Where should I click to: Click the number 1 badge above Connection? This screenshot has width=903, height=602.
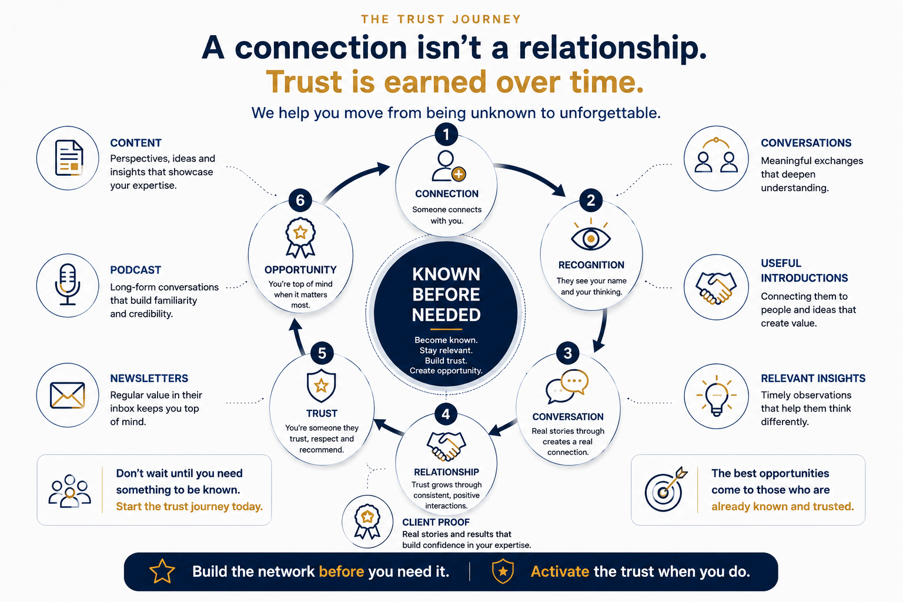(446, 134)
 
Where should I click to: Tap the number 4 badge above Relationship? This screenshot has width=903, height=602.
(446, 414)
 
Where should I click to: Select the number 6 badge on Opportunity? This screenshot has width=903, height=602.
(300, 200)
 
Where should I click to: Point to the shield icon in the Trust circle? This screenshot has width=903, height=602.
(322, 386)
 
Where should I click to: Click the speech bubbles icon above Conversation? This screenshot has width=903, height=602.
(567, 386)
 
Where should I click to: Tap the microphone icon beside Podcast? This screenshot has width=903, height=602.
(68, 285)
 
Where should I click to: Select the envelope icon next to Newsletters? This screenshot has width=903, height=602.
(68, 395)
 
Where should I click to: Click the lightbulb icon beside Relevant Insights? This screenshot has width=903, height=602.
(717, 396)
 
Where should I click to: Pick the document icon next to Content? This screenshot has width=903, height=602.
(69, 158)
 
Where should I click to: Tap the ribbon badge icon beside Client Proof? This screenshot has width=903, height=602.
(367, 522)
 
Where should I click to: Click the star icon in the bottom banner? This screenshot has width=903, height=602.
(162, 571)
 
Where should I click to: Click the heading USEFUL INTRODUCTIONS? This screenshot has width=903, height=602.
(804, 270)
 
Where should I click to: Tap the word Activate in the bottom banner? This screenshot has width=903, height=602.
(560, 572)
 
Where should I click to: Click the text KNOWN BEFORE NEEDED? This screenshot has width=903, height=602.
(446, 295)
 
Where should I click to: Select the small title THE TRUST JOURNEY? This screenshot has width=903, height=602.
(441, 19)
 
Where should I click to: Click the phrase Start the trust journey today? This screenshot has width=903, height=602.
(189, 506)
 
